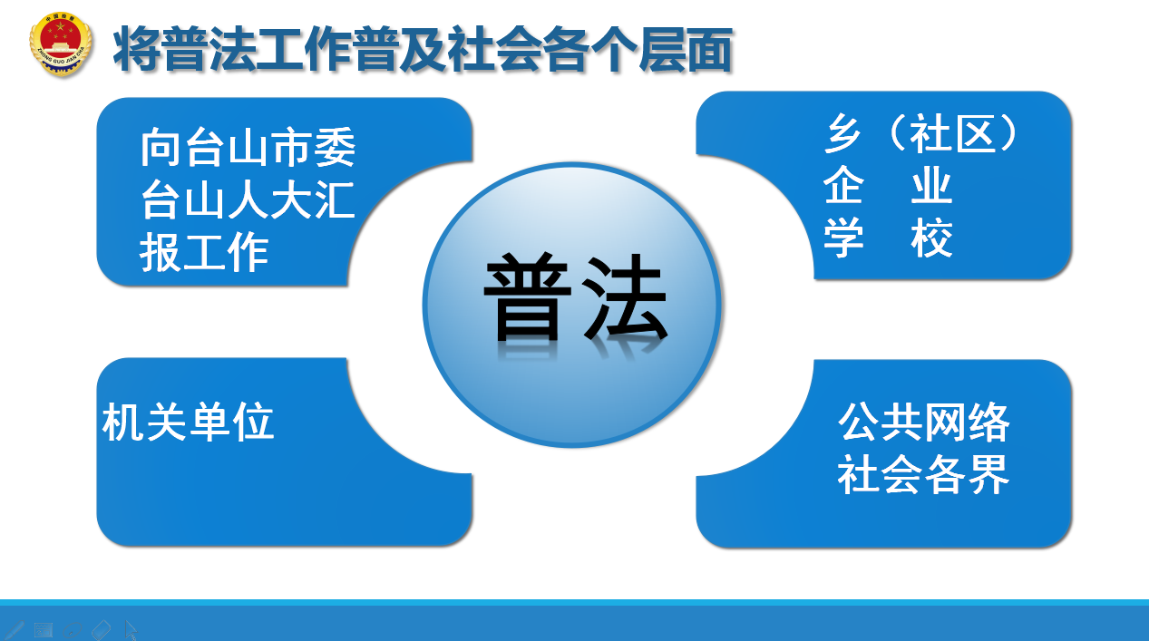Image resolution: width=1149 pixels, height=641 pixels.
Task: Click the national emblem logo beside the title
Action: pos(61,44)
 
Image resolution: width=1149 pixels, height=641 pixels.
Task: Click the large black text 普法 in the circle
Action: pos(576,297)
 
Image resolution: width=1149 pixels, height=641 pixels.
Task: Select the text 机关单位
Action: pos(189,422)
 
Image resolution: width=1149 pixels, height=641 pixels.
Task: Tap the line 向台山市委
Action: pos(248,147)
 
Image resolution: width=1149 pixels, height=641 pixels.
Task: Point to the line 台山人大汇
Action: pos(248,199)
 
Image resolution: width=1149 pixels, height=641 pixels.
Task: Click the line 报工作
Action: pos(204,252)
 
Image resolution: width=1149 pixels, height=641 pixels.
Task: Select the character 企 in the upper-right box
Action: pos(843,185)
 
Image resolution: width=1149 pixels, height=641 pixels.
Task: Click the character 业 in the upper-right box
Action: pos(932,185)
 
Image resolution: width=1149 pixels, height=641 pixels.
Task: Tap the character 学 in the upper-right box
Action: pos(843,238)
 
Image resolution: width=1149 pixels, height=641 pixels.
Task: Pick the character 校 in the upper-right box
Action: pos(932,238)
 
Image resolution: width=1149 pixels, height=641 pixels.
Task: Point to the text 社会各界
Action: pos(924,474)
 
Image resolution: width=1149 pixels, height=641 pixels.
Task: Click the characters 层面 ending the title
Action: pos(686,50)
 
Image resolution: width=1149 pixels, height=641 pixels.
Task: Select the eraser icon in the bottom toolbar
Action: pos(101,629)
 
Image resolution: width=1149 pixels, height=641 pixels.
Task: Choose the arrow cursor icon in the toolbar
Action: pos(131,630)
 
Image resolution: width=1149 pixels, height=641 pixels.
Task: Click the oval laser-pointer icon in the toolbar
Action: pos(73,630)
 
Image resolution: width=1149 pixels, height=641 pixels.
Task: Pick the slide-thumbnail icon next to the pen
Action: pos(44,630)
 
